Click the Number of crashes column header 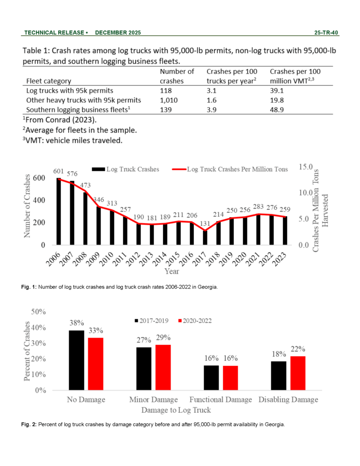[x=177, y=76]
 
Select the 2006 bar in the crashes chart [x=59, y=211]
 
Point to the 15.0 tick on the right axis [x=305, y=167]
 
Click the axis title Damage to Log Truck [x=176, y=410]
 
